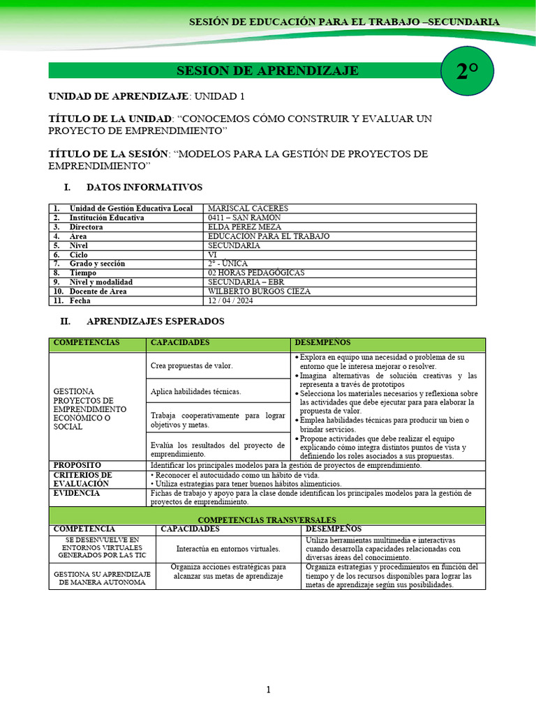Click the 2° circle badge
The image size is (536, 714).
point(467,70)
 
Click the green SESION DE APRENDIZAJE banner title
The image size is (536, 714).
point(267,71)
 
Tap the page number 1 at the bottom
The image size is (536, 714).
point(268,690)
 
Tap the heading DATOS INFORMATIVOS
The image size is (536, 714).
point(144,188)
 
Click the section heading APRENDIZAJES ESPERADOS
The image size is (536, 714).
point(155,321)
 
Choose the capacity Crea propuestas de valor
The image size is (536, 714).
point(192,365)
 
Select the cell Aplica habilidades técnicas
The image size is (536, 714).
point(195,391)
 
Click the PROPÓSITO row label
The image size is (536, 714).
point(77,465)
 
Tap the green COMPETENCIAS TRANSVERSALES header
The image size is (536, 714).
point(267,519)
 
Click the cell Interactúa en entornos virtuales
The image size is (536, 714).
point(228,548)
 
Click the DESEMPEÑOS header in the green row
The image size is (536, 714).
point(323,343)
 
